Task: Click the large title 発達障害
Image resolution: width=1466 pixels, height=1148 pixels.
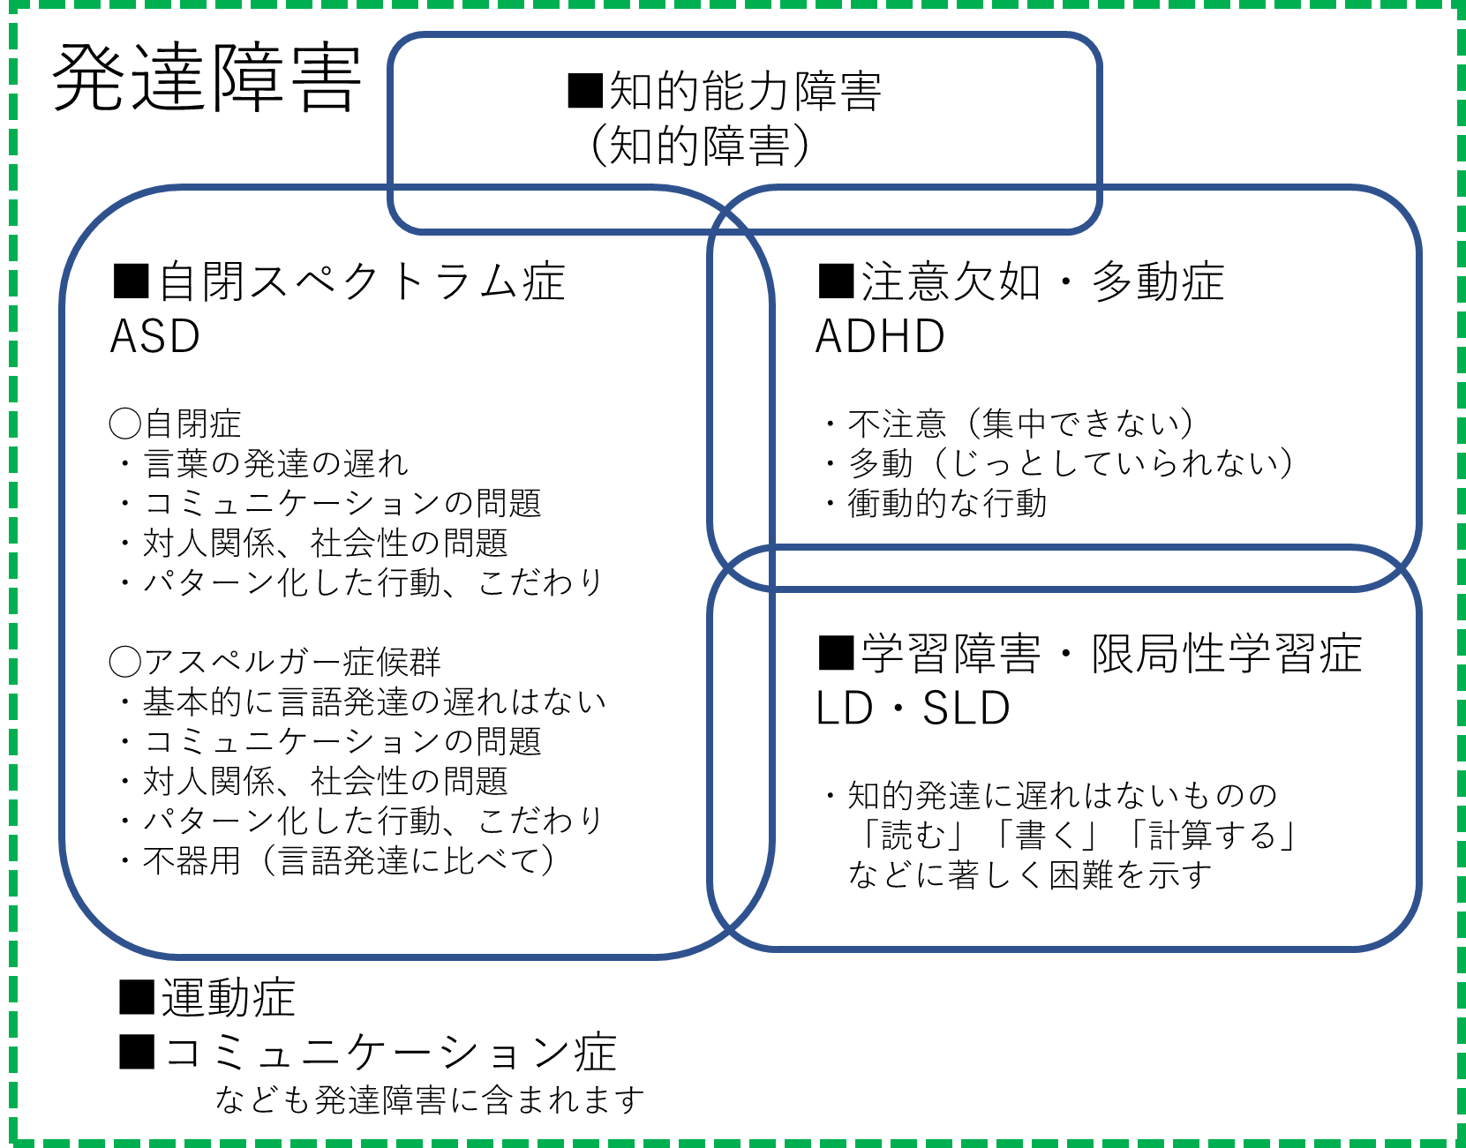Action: [207, 79]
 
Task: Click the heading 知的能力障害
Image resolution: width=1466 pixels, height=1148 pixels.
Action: [724, 92]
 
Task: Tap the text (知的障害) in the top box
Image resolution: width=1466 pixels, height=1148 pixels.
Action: [699, 146]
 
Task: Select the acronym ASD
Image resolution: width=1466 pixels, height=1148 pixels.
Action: [155, 337]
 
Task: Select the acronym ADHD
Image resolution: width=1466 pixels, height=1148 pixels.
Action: [880, 337]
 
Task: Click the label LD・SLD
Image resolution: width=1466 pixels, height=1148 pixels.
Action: [913, 709]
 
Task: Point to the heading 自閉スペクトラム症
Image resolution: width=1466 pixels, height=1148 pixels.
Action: [340, 282]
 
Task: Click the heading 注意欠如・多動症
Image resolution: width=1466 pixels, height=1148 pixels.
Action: [1021, 282]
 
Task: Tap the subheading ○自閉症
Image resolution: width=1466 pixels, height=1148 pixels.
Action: [175, 424]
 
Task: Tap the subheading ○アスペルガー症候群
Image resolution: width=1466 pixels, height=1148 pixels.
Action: [274, 662]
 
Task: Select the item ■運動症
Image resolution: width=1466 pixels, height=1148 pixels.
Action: [207, 999]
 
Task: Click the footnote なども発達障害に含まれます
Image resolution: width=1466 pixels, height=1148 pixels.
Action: [430, 1100]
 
